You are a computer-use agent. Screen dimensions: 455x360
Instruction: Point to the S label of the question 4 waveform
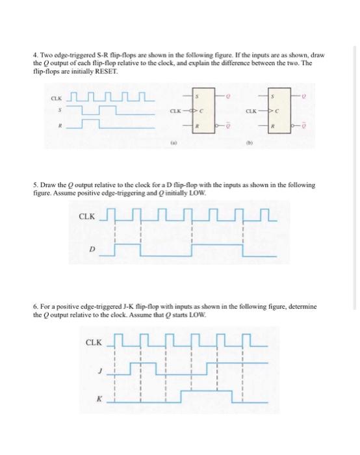(x=56, y=111)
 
